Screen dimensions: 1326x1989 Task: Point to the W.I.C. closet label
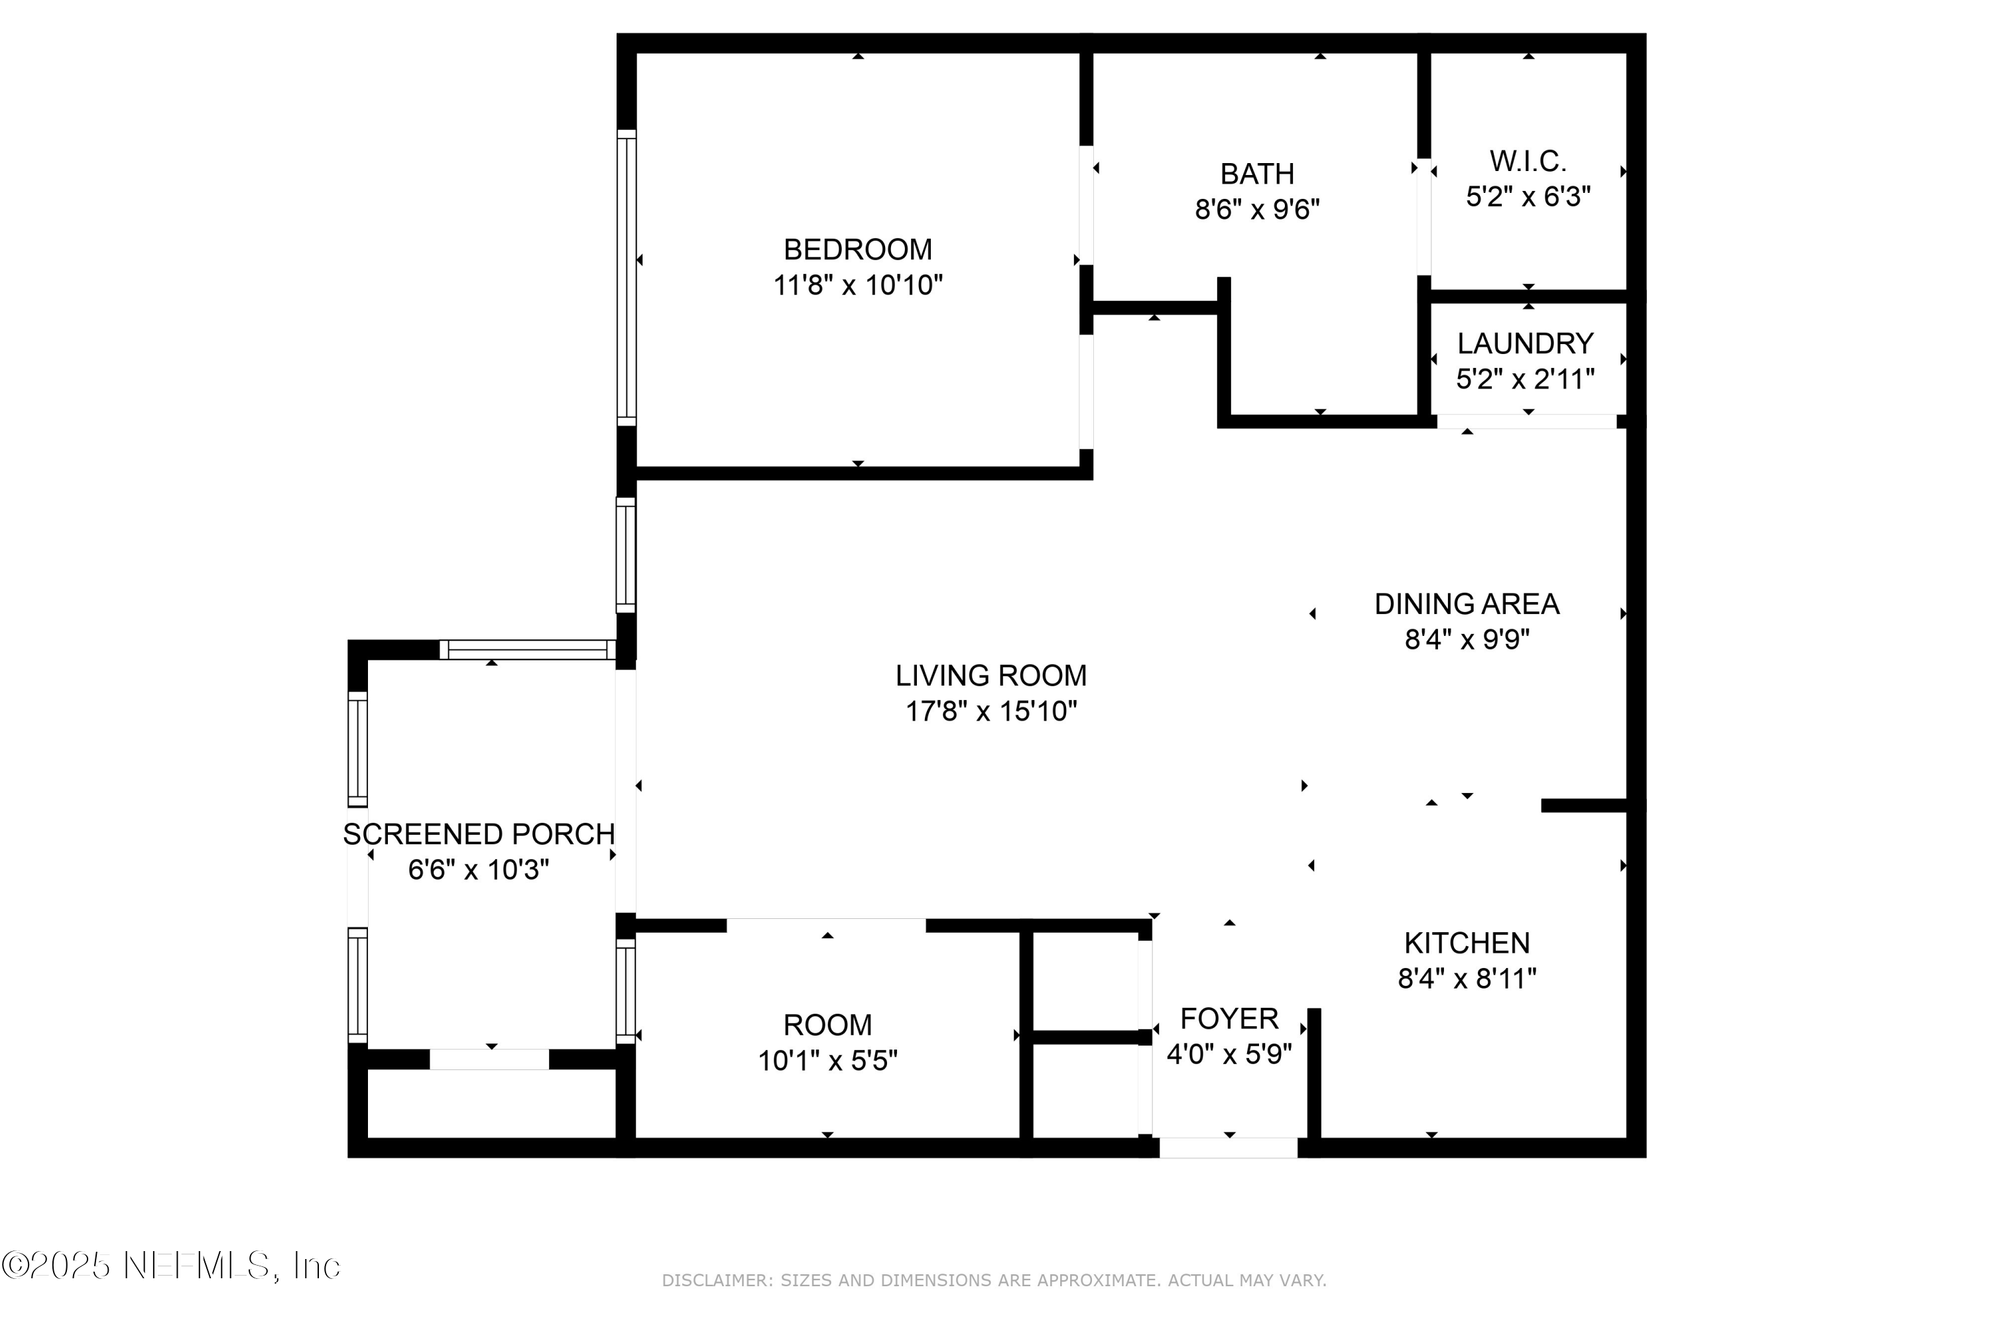point(1528,160)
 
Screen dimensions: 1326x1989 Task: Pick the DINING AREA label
point(1467,604)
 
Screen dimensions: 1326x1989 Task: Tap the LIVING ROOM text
point(991,676)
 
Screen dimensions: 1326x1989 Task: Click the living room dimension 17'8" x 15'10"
point(991,712)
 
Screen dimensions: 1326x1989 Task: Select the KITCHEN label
point(1467,943)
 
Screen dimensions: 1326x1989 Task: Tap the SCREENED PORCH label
point(479,835)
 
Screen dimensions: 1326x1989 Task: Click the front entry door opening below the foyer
point(1228,1148)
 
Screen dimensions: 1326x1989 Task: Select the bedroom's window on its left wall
point(626,277)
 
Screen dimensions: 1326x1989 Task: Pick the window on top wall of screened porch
point(528,650)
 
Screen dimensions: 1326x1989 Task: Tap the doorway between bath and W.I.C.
point(1424,217)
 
